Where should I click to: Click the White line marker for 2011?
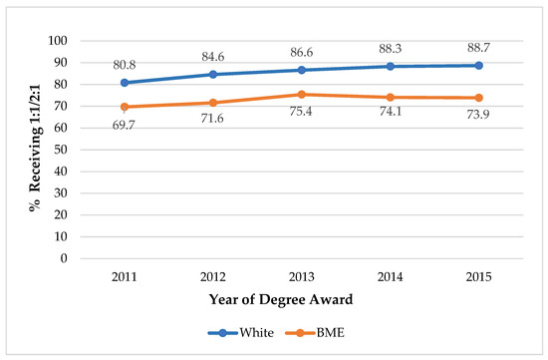pyautogui.click(x=124, y=83)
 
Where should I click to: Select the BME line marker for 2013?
pyautogui.click(x=301, y=95)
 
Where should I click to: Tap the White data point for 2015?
pyautogui.click(x=478, y=66)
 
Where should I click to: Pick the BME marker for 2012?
pyautogui.click(x=212, y=103)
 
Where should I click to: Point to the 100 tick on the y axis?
pyautogui.click(x=57, y=41)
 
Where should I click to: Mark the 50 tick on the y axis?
pyautogui.click(x=60, y=150)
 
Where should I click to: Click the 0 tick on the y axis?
pyautogui.click(x=63, y=258)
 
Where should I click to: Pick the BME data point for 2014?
pyautogui.click(x=390, y=98)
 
